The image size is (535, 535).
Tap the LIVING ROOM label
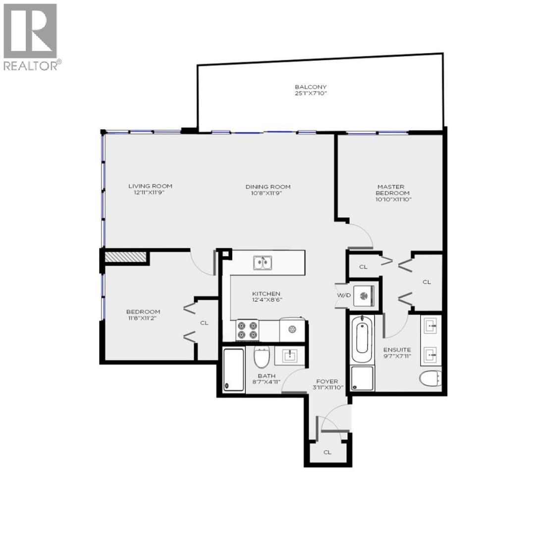tap(151, 186)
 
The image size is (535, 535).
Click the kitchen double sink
tap(262, 263)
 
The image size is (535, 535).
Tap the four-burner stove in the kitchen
tap(247, 330)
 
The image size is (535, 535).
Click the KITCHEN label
tap(267, 294)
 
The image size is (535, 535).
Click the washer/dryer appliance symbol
tap(365, 296)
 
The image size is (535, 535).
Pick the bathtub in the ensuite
tap(362, 341)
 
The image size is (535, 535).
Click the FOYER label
tap(327, 381)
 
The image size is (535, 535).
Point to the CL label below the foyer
tap(327, 452)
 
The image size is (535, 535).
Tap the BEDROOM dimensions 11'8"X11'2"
tap(143, 318)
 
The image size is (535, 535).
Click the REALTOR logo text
tap(32, 65)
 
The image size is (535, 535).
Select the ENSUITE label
tap(397, 349)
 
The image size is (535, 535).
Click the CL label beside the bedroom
tap(204, 322)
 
